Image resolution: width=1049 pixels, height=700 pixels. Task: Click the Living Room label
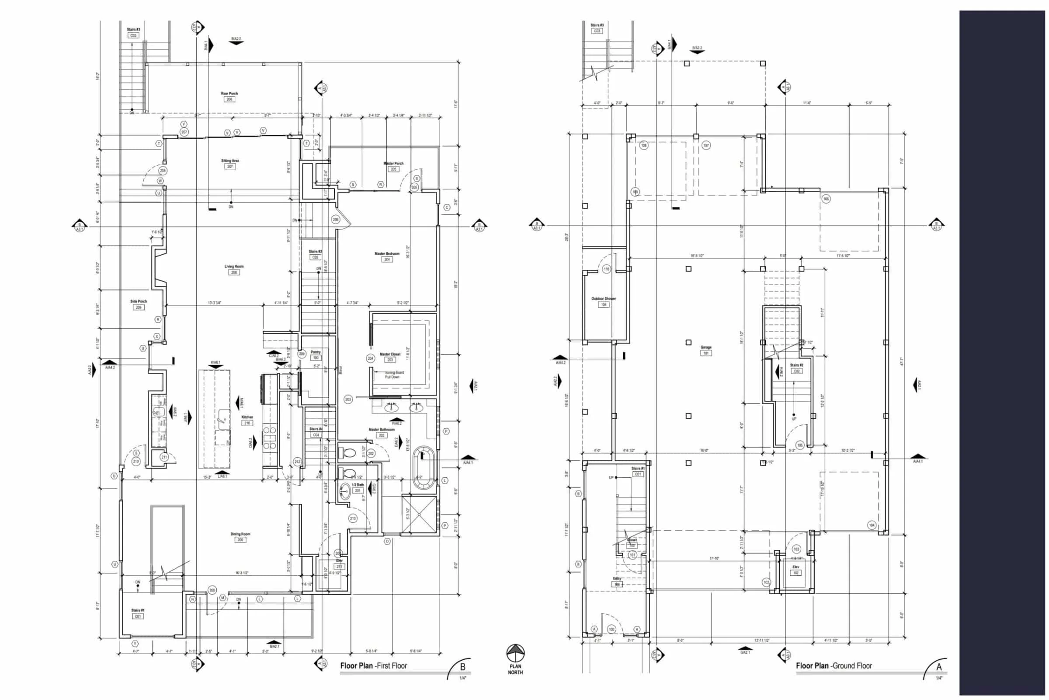[234, 266]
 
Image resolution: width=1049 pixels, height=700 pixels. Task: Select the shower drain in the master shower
[419, 514]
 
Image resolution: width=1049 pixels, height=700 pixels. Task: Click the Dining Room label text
[240, 534]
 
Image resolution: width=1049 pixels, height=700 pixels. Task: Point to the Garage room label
[705, 347]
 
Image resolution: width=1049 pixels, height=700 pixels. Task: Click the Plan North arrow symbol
[515, 653]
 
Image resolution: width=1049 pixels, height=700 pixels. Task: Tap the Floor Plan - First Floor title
[373, 665]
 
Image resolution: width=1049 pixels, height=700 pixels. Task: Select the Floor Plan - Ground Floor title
[834, 665]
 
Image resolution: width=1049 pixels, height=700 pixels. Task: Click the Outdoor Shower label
[604, 299]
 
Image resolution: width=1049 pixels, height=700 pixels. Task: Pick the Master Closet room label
[390, 354]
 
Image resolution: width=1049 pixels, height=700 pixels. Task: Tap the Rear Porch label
[229, 94]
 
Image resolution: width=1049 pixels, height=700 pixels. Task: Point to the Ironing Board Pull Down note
[394, 374]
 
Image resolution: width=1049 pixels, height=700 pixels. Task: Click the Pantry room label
[315, 352]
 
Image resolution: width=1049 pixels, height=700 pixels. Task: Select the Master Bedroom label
[387, 254]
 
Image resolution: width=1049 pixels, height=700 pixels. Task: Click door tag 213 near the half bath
[353, 518]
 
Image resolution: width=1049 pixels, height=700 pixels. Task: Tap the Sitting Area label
[230, 161]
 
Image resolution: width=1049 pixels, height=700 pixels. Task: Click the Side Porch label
[138, 301]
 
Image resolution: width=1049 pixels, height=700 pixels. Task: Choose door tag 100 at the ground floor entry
[611, 630]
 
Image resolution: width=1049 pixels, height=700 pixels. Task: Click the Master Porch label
[393, 163]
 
